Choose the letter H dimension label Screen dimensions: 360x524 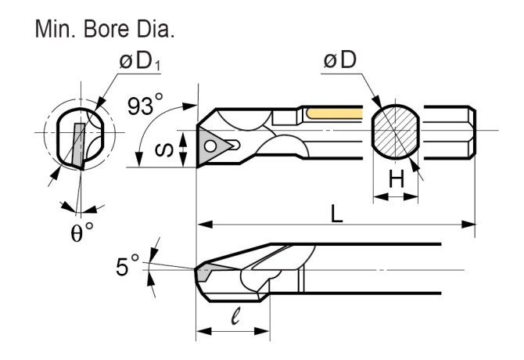[x=397, y=181]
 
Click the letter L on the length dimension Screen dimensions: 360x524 [x=336, y=213]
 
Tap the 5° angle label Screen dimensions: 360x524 [x=127, y=267]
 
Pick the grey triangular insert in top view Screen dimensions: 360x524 [x=213, y=145]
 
